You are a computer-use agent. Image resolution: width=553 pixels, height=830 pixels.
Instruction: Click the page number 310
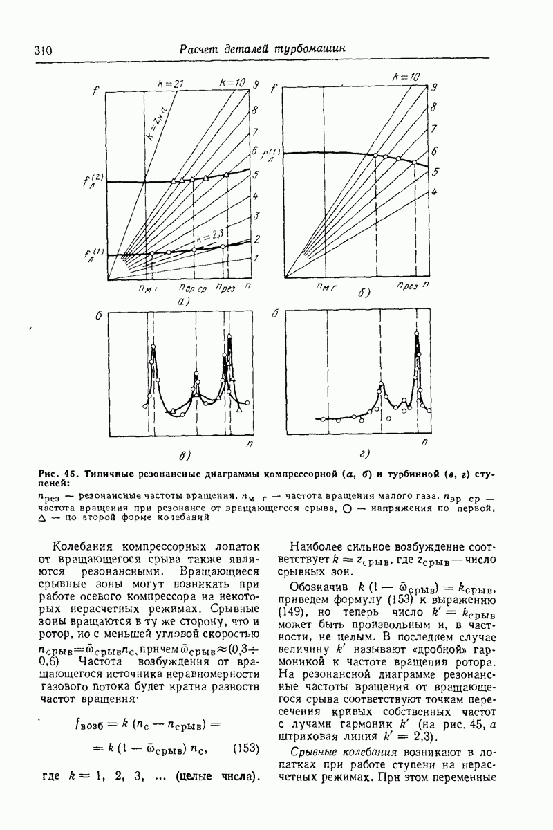43,50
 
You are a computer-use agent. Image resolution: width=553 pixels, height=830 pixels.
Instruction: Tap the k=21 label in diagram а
169,84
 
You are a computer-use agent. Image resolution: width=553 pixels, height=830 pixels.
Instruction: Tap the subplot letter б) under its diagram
364,293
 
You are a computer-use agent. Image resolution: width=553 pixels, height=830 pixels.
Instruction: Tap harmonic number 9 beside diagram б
435,88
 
